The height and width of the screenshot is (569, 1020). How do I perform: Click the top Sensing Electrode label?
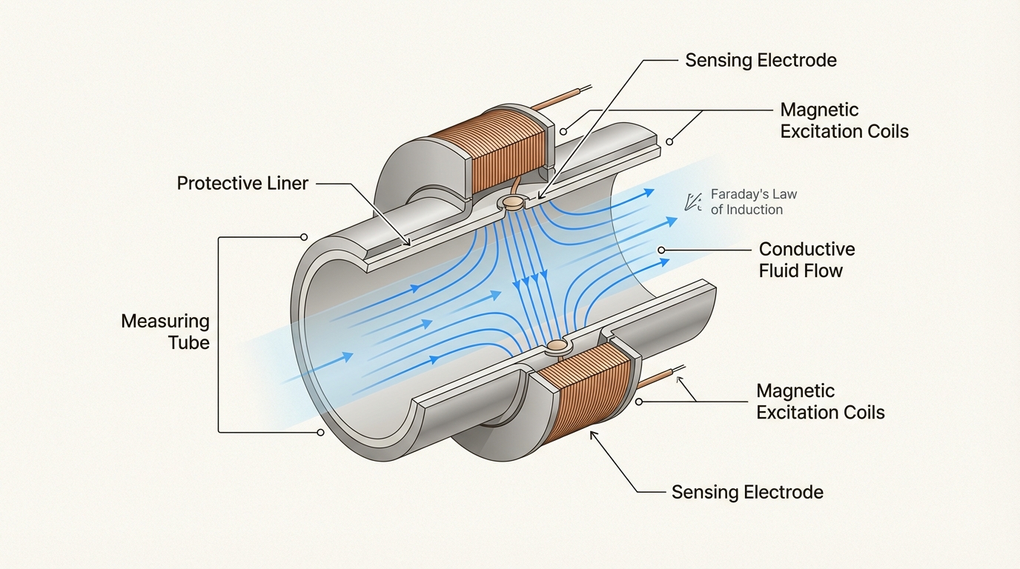point(761,60)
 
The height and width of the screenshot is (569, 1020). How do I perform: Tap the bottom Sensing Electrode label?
point(747,492)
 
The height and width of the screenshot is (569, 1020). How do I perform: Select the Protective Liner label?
point(242,183)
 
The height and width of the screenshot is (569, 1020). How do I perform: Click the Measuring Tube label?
point(165,332)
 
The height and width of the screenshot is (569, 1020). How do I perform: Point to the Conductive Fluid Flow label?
point(807,259)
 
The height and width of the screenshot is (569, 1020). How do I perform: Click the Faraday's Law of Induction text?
point(753,202)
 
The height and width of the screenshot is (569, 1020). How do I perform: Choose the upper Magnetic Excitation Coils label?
point(844,121)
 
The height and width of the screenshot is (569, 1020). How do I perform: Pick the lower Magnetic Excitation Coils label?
point(821,402)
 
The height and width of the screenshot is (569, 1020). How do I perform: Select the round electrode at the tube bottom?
point(557,345)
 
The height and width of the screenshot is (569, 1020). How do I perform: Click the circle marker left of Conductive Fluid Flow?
point(661,250)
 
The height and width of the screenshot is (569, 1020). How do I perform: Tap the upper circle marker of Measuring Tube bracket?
point(304,237)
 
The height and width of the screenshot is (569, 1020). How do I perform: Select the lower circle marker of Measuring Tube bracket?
point(320,432)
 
